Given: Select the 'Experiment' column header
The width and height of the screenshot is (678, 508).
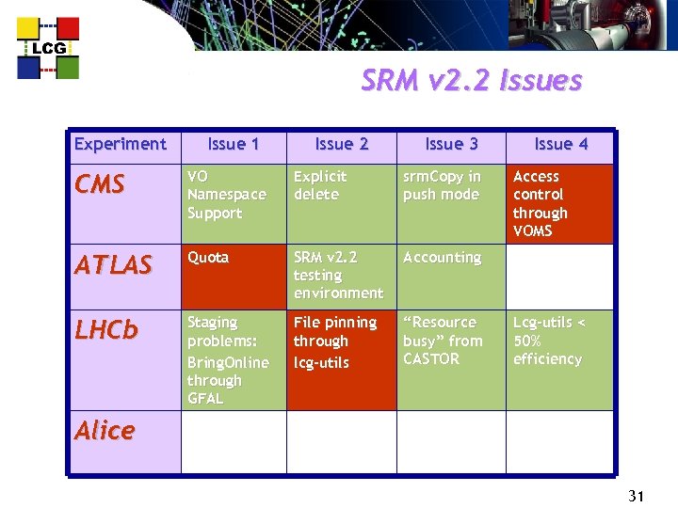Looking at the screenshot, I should click(x=120, y=144).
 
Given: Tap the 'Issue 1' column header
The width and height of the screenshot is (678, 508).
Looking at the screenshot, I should click(x=234, y=144).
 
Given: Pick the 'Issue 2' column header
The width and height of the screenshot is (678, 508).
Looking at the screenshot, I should click(x=342, y=144).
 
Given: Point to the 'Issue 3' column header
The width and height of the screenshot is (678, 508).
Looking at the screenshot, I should click(x=452, y=144).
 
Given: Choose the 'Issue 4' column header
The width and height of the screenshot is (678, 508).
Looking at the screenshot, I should click(x=561, y=144).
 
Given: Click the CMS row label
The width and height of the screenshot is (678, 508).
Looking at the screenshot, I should click(x=99, y=185).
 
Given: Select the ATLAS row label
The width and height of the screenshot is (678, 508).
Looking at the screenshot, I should click(x=113, y=266).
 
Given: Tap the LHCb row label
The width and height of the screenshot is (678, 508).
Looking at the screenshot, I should click(x=106, y=330).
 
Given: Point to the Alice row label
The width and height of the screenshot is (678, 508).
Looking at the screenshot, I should click(x=105, y=431).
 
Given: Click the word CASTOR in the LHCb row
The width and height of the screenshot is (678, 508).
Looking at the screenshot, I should click(x=431, y=358).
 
